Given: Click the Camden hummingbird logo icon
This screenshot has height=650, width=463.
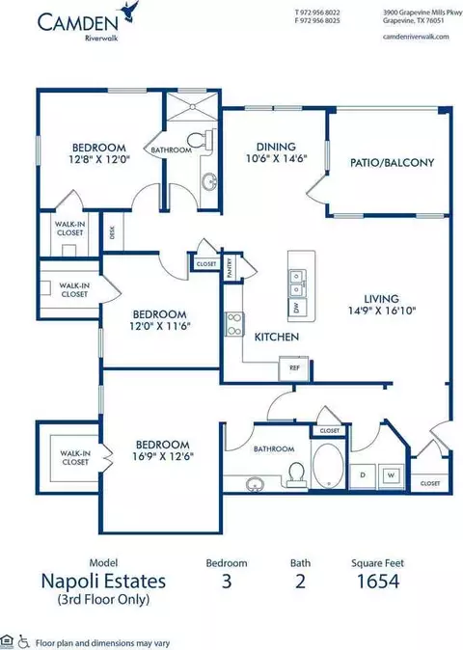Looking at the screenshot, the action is (129, 11).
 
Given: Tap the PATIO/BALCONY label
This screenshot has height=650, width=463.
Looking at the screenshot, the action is (393, 162).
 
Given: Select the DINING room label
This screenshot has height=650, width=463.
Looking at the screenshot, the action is (276, 147).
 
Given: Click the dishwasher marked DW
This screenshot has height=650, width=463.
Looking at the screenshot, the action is (297, 308).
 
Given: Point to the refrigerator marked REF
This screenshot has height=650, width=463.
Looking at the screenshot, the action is (293, 367).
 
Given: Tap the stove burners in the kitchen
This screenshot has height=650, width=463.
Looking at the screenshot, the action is (234, 325).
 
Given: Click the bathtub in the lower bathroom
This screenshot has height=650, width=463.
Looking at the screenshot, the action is (328, 466).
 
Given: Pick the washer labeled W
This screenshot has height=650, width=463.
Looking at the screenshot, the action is (391, 475).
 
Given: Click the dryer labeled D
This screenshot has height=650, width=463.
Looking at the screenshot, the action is (363, 475).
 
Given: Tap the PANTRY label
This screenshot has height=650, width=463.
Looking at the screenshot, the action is (230, 268).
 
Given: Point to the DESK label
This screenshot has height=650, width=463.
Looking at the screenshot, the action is (112, 232).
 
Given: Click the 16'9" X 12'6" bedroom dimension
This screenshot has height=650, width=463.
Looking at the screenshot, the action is (162, 456).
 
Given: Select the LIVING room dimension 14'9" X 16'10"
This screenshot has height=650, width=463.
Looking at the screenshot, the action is (382, 311).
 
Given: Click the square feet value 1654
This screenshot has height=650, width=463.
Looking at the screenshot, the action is (378, 581).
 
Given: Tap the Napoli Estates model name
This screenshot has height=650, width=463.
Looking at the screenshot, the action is (103, 581).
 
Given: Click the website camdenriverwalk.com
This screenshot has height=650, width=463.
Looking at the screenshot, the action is (416, 37).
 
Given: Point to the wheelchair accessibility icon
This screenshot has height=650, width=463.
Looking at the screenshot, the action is (23, 641).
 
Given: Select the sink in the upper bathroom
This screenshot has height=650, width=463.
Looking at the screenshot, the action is (209, 181).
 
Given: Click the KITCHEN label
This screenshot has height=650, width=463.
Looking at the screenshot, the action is (277, 337).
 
